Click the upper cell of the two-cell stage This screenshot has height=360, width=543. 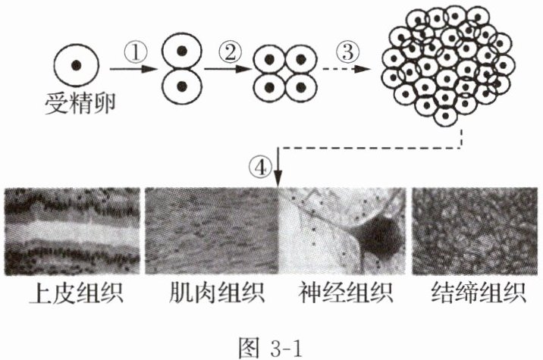183,50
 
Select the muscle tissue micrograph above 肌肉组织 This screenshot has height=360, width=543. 210,230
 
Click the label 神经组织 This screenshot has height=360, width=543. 341,294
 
